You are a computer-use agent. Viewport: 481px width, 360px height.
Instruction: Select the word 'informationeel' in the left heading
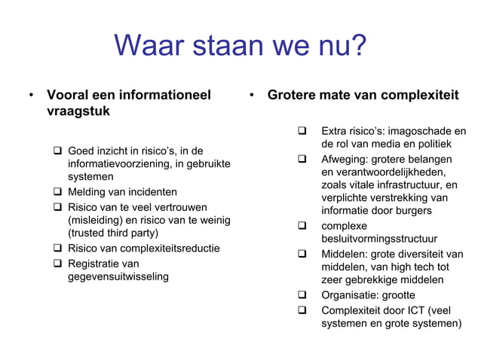[164, 96]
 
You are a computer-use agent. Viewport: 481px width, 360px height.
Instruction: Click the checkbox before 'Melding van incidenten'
[58, 192]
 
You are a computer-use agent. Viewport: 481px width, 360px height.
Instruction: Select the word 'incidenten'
[151, 192]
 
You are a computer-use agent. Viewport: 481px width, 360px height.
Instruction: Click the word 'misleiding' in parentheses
[98, 220]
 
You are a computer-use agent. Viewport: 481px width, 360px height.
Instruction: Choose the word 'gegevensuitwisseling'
[118, 276]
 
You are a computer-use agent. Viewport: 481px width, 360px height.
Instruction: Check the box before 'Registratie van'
[58, 263]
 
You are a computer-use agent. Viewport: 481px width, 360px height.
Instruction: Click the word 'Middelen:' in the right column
[345, 253]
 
